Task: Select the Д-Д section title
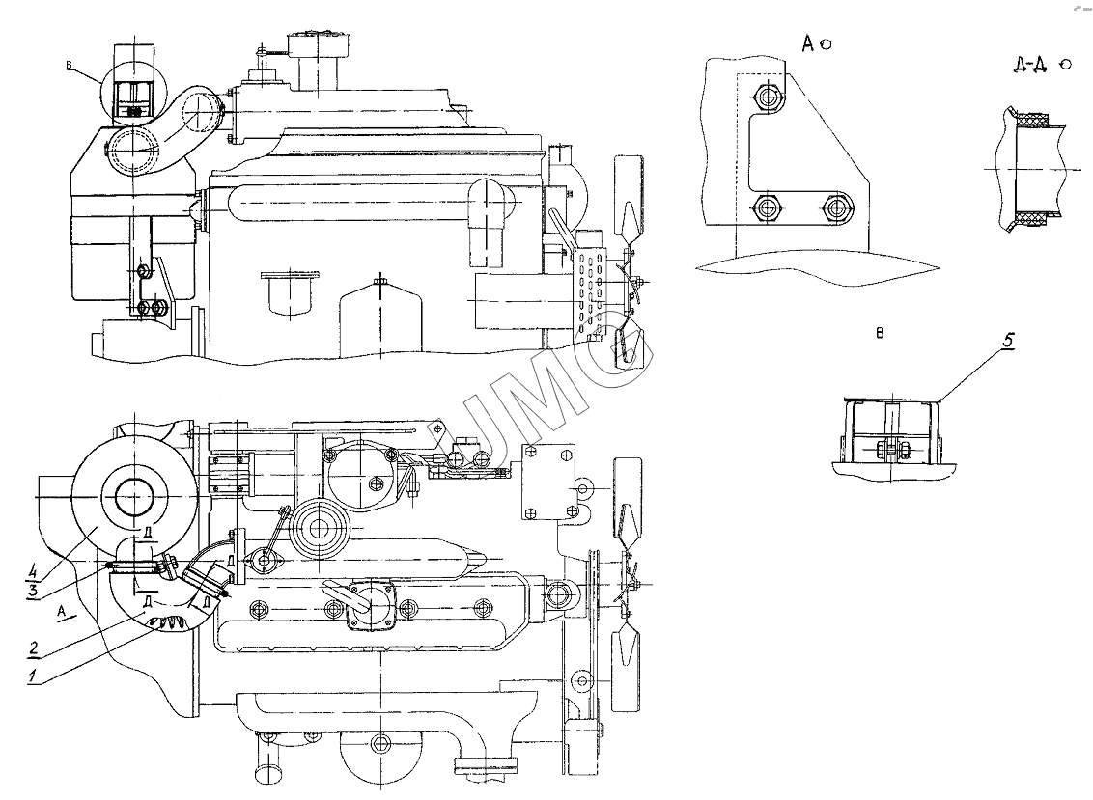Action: (1029, 65)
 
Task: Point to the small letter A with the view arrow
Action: (62, 611)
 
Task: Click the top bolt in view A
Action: (768, 97)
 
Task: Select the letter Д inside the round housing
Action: (145, 534)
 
